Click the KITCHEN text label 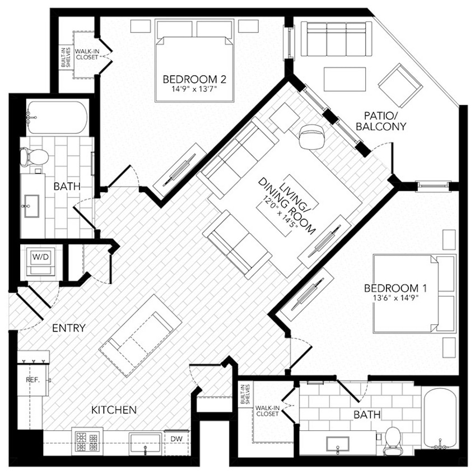[x=114, y=410]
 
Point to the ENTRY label [x=68, y=328]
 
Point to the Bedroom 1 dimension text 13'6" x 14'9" [x=395, y=298]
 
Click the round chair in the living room [x=310, y=136]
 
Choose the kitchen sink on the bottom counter [x=145, y=443]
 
